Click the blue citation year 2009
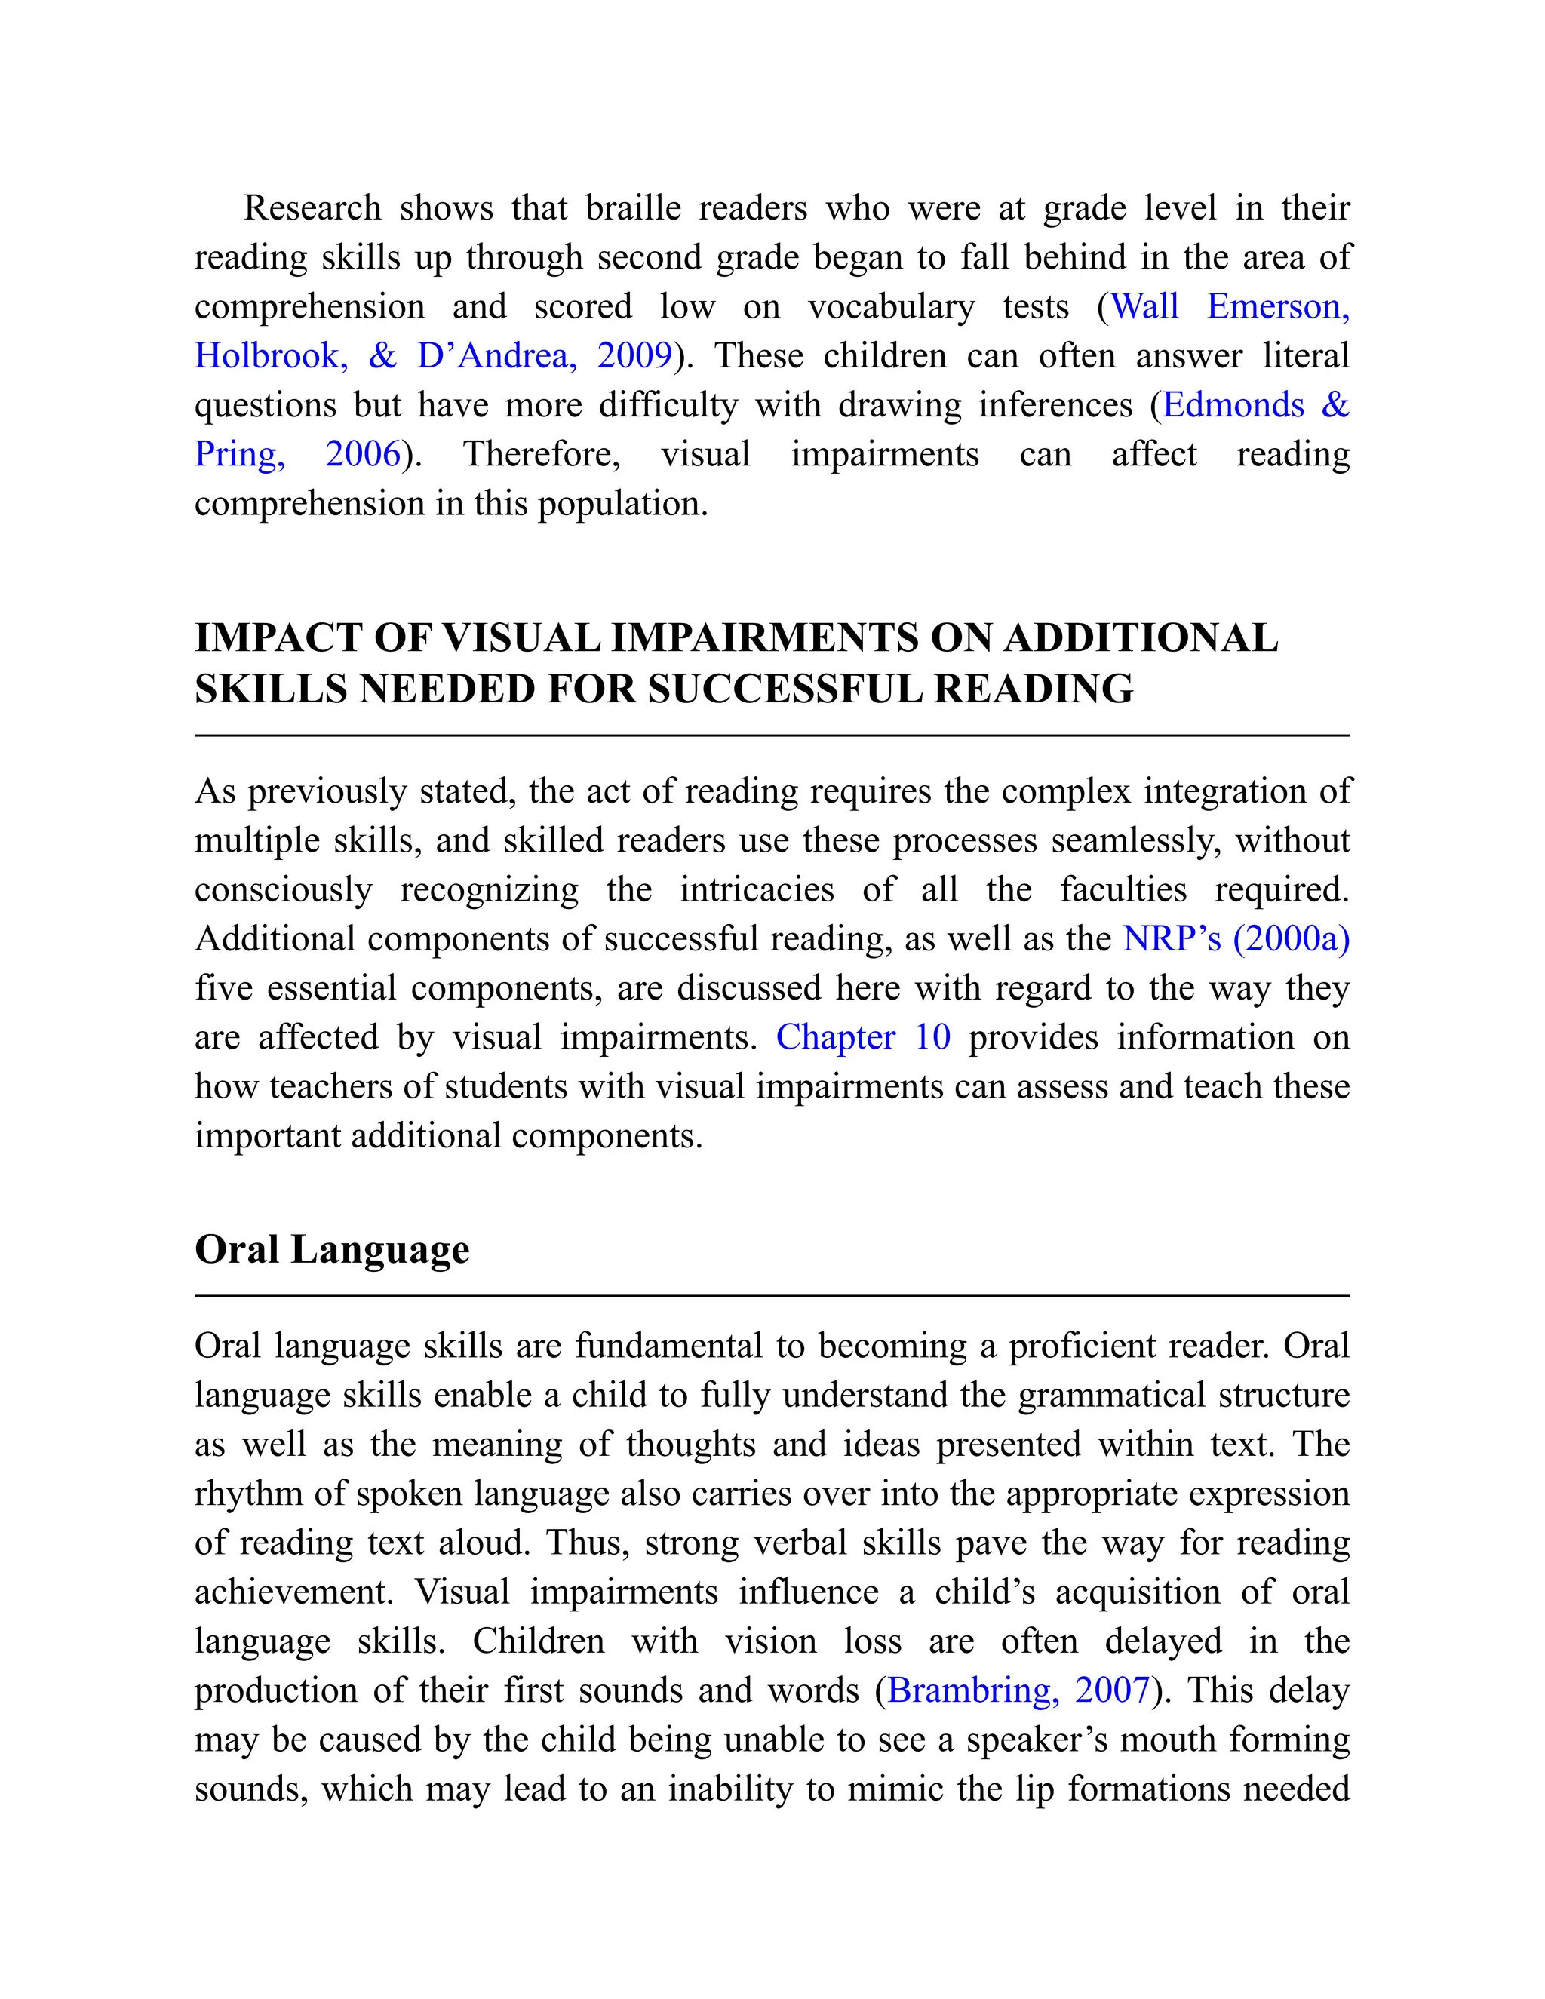pos(634,355)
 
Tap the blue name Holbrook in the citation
pos(271,355)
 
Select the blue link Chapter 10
pos(862,1037)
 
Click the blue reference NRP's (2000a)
pos(1236,939)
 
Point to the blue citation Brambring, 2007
pos(1018,1690)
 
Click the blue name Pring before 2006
pos(239,454)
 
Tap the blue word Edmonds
pos(1233,404)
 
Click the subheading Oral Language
pos(331,1249)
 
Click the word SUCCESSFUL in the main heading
pos(785,689)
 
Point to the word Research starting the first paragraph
pos(312,207)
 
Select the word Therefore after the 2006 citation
pos(542,454)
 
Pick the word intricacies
pos(756,889)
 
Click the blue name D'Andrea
pos(496,355)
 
